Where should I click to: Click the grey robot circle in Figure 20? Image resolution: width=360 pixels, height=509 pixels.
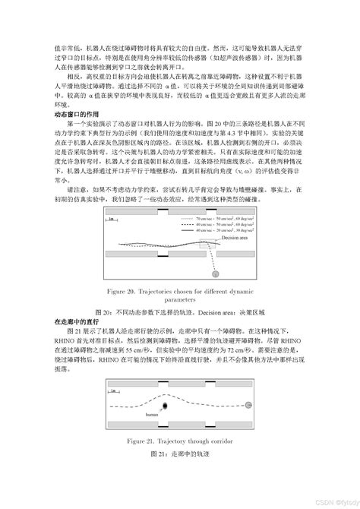216,273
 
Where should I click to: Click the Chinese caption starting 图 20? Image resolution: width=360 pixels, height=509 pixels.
180,311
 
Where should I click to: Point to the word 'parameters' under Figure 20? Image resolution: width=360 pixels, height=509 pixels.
180,299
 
